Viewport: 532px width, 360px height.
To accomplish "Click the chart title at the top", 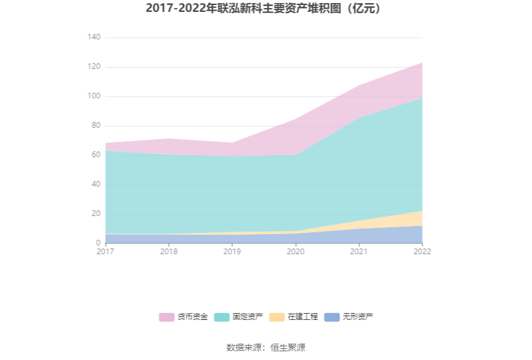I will [x=265, y=9].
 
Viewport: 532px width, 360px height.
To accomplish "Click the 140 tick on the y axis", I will [x=93, y=38].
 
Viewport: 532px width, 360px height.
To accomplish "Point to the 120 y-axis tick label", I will [x=93, y=67].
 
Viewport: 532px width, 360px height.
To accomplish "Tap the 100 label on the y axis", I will [x=93, y=96].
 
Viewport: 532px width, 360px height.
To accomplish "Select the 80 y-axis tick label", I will [x=95, y=126].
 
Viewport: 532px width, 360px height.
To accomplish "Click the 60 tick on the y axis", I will [x=95, y=155].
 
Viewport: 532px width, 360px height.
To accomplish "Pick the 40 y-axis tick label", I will [x=95, y=184].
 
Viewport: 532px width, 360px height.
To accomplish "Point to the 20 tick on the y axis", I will [x=95, y=213].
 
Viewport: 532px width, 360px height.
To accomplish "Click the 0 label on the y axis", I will [x=98, y=243].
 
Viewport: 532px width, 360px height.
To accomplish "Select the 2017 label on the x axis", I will [x=106, y=252].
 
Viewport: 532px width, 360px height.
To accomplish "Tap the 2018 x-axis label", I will [x=169, y=252].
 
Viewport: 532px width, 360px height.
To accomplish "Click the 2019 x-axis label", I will [x=232, y=252].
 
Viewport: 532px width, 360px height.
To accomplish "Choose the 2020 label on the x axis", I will [x=295, y=252].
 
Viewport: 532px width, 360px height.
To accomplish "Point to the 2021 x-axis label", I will [x=359, y=252].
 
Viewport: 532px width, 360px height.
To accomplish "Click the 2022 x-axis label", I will [x=422, y=252].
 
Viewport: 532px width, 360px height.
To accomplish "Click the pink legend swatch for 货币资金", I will [x=166, y=317].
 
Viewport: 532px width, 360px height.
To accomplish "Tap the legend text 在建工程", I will [x=303, y=317].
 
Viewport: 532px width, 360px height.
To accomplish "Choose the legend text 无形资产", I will [x=358, y=317].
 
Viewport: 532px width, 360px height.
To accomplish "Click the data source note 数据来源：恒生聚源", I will [x=266, y=347].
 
